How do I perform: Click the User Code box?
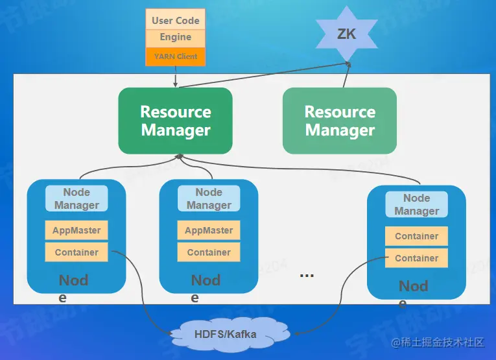click(x=175, y=20)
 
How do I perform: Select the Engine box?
click(x=175, y=38)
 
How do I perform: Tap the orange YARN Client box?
click(x=175, y=56)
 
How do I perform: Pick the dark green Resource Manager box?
click(x=175, y=121)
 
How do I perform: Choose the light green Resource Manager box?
click(x=340, y=121)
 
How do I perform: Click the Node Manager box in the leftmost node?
click(x=77, y=198)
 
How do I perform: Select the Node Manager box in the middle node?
click(x=209, y=198)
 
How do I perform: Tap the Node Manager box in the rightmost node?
click(x=416, y=204)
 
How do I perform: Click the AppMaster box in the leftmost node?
click(x=77, y=230)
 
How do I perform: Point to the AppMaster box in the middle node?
click(x=209, y=230)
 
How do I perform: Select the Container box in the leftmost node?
click(x=77, y=252)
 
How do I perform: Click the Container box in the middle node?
click(x=209, y=252)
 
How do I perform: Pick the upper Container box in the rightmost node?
click(x=416, y=236)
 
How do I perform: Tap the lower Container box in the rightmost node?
click(x=416, y=258)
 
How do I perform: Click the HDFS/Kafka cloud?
click(x=226, y=335)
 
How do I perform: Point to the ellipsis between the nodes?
click(x=307, y=275)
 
